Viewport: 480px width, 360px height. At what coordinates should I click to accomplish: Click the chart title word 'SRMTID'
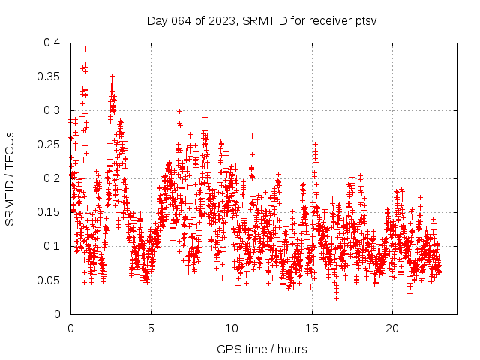(262, 21)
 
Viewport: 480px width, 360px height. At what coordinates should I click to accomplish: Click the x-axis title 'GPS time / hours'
(262, 349)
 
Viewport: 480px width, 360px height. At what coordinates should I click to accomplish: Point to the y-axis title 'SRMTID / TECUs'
(10, 178)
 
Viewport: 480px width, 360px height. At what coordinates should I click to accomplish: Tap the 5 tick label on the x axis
(151, 328)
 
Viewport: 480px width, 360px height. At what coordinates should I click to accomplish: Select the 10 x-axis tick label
(232, 328)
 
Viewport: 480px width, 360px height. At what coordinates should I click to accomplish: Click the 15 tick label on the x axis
(312, 328)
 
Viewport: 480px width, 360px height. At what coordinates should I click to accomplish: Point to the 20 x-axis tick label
(392, 328)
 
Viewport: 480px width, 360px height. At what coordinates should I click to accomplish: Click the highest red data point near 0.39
(85, 49)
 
